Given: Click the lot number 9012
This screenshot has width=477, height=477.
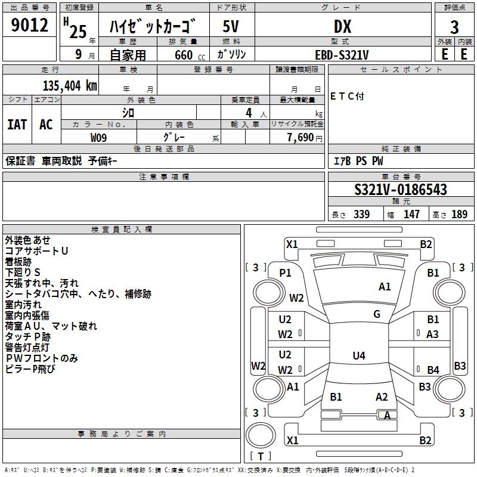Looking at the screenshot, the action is pyautogui.click(x=29, y=25).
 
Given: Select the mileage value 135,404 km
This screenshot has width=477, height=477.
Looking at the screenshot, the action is pyautogui.click(x=70, y=86).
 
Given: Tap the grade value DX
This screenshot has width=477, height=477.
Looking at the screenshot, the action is pyautogui.click(x=342, y=26).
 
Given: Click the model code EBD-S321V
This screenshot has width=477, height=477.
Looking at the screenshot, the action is pyautogui.click(x=342, y=55).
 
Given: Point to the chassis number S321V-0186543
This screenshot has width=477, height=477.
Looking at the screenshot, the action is pyautogui.click(x=401, y=190).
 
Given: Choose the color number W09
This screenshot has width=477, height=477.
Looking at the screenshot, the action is pyautogui.click(x=98, y=138).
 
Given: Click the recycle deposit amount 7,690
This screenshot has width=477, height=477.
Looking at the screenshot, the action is pyautogui.click(x=301, y=138).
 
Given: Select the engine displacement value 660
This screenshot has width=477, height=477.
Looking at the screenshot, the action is pyautogui.click(x=184, y=55).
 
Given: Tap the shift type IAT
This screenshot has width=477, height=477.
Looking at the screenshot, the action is pyautogui.click(x=17, y=125).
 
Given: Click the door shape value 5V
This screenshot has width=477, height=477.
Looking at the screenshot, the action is pyautogui.click(x=231, y=26).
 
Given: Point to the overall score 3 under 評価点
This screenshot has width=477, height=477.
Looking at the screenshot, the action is pyautogui.click(x=454, y=27).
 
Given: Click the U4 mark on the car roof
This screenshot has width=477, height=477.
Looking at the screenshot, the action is pyautogui.click(x=359, y=355).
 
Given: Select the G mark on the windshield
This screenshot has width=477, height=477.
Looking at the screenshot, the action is pyautogui.click(x=377, y=314).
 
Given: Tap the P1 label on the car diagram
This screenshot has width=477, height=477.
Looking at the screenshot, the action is pyautogui.click(x=285, y=273).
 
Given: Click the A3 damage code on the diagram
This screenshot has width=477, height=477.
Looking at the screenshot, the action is pyautogui.click(x=432, y=334).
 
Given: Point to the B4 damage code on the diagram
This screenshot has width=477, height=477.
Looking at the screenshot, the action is pyautogui.click(x=433, y=370).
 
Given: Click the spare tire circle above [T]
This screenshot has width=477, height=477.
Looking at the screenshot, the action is pyautogui.click(x=261, y=435).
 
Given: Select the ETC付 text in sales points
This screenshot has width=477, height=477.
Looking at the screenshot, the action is pyautogui.click(x=347, y=97).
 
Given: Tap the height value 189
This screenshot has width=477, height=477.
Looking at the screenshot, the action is pyautogui.click(x=459, y=214).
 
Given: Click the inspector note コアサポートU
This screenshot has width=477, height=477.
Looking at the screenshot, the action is pyautogui.click(x=36, y=251).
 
